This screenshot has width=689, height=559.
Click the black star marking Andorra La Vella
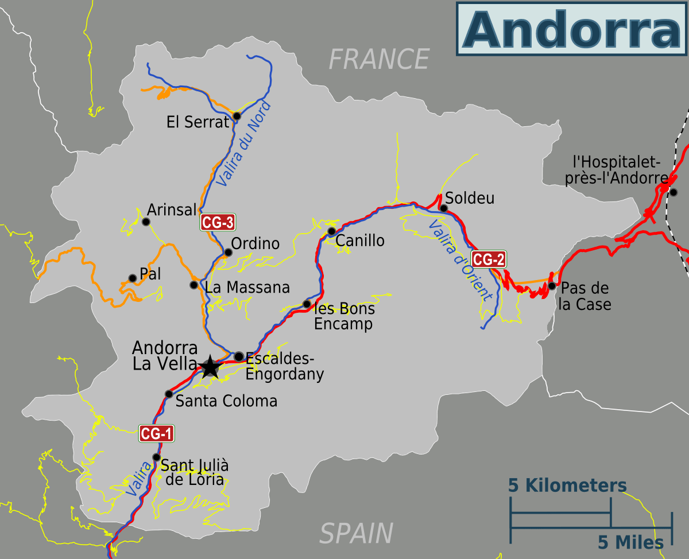point(210,366)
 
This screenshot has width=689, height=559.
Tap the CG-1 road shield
point(156,434)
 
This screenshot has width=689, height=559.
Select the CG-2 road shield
point(489,259)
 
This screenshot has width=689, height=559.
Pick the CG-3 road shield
point(218,222)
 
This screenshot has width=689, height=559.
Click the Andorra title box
point(571,28)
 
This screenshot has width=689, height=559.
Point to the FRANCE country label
point(379,59)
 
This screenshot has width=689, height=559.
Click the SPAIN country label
point(356,533)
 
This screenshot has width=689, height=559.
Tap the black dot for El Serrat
point(237,116)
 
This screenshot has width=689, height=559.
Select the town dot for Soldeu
point(443,208)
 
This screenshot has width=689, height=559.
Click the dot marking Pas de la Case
point(552,286)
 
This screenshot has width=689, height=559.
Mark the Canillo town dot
point(331,231)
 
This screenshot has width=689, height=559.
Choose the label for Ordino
point(255,244)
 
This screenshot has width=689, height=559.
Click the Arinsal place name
point(172,209)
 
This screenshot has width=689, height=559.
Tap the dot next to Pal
point(133,278)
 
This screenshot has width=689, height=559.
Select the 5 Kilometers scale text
point(567,486)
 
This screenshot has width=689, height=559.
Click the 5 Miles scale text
point(630,542)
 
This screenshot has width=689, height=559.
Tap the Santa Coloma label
point(226,401)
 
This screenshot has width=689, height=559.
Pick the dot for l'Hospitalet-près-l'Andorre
point(673,192)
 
